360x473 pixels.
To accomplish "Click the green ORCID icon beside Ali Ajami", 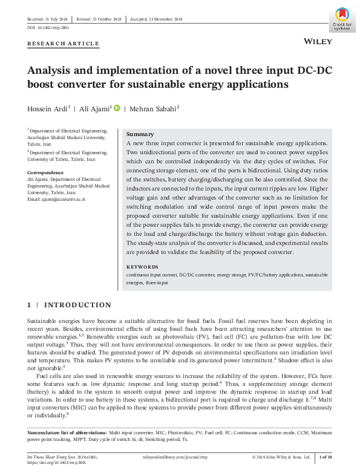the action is pyautogui.click(x=117, y=108).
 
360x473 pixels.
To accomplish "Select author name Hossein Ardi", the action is pyautogui.click(x=47, y=109).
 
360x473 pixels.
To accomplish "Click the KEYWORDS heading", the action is pyautogui.click(x=142, y=267).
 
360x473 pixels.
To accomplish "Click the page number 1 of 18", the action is pyautogui.click(x=325, y=457).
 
